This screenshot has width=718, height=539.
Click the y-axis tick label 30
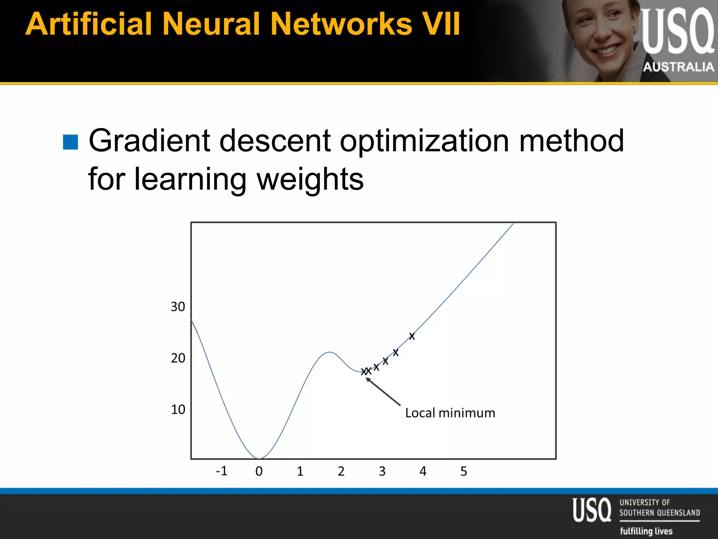tap(178, 307)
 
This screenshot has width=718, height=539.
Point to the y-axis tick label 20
tap(178, 358)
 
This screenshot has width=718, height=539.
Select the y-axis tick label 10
tap(178, 409)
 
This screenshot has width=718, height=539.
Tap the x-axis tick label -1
tap(222, 471)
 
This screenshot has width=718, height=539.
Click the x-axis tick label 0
tap(259, 471)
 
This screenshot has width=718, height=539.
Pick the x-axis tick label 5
tap(463, 471)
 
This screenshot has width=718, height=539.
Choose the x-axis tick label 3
tap(382, 471)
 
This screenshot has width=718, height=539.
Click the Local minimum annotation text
tap(450, 413)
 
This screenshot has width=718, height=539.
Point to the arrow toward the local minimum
tap(383, 391)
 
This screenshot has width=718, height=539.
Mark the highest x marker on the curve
tap(412, 336)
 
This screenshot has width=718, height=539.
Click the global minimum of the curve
tap(259, 458)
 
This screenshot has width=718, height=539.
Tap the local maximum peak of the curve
tap(329, 352)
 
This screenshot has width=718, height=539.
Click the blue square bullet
tap(70, 142)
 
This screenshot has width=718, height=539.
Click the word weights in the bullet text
tap(310, 179)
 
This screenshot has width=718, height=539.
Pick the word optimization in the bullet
tap(424, 141)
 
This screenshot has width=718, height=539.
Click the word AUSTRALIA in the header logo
tap(678, 67)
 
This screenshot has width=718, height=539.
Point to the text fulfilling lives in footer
tap(646, 531)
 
